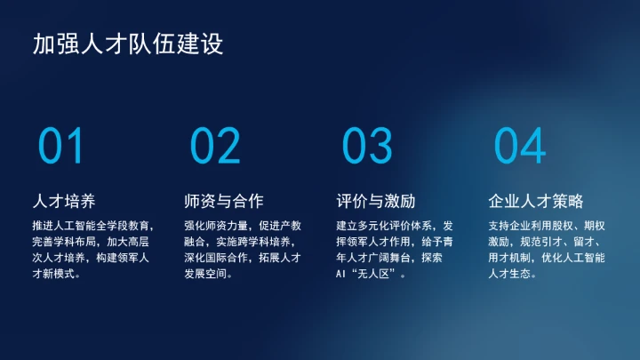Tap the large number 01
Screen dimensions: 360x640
point(61,147)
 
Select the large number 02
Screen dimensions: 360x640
point(215,147)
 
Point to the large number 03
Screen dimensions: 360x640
point(367,147)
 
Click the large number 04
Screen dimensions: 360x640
point(520,147)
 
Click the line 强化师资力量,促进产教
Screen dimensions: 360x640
point(243,225)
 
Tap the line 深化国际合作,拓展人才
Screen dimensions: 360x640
point(243,258)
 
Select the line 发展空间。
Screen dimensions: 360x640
point(209,274)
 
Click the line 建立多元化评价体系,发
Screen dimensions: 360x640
point(396,225)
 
